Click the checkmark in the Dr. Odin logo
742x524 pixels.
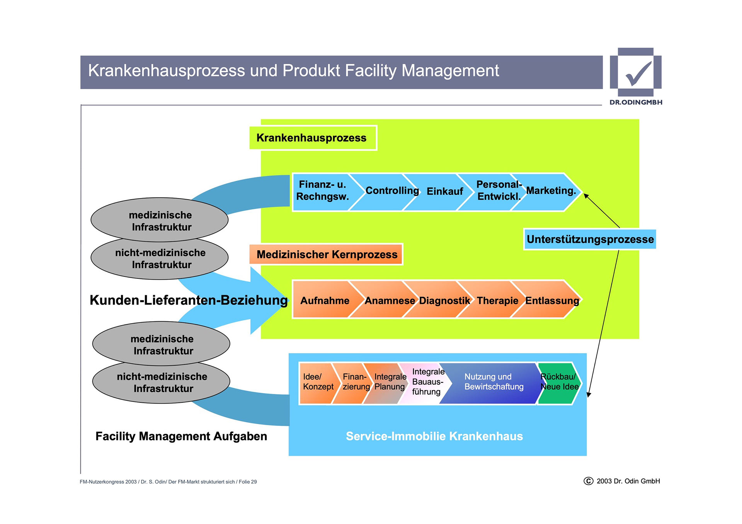click(x=638, y=73)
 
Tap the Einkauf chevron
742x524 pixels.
click(x=444, y=192)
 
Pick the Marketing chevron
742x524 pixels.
click(x=551, y=191)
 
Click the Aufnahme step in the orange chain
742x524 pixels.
click(x=325, y=300)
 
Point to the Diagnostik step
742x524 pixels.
click(x=444, y=300)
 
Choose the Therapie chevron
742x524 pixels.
click(x=497, y=300)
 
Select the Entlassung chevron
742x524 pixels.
click(x=552, y=300)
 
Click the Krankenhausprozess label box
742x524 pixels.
click(x=312, y=138)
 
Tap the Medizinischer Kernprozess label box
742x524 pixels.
click(x=327, y=254)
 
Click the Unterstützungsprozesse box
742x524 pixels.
click(x=590, y=239)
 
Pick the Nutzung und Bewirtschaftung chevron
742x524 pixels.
click(x=494, y=382)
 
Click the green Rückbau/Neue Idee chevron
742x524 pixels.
click(x=559, y=382)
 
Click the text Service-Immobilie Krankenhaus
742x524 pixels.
click(x=434, y=436)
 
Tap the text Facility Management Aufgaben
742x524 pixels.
click(x=181, y=436)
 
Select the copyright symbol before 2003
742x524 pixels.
click(x=588, y=481)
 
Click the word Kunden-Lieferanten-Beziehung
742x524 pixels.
click(x=189, y=300)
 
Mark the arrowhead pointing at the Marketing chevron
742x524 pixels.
click(x=586, y=196)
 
